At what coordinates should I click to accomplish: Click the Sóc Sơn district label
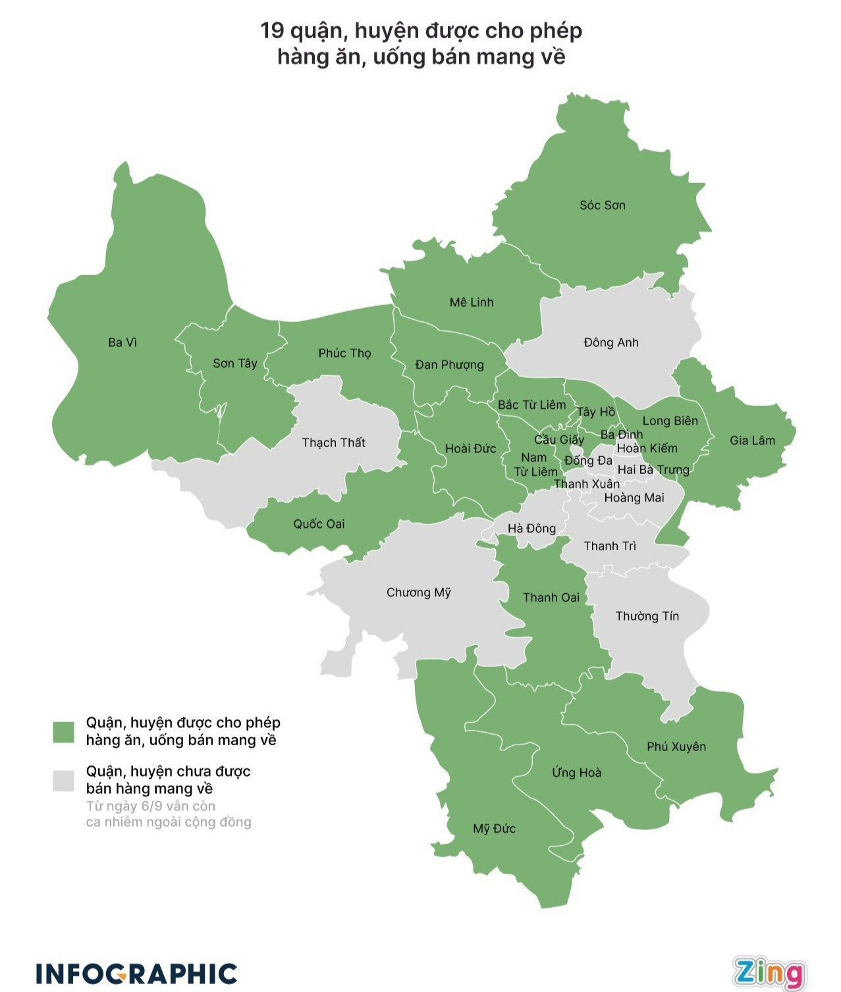point(602,205)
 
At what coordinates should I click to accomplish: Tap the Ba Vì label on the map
point(122,342)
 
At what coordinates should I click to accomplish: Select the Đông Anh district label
point(610,342)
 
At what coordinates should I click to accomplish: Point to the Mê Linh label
point(471,302)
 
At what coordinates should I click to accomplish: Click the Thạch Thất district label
point(333,442)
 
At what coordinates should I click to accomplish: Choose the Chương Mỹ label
point(418,592)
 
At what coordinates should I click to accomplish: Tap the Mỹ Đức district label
point(494,829)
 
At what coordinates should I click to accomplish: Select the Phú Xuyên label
point(676,746)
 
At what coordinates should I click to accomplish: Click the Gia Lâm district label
point(752,440)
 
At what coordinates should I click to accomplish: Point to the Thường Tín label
point(647,616)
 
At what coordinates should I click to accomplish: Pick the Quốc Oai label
point(319,524)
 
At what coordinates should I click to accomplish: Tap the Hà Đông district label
point(531,528)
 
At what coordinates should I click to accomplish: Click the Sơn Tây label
point(234,363)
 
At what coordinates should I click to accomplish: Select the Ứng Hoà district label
point(576,772)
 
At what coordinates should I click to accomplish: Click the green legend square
point(64,732)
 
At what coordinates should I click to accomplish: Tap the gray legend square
point(64,780)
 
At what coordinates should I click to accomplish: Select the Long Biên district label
point(670,421)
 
